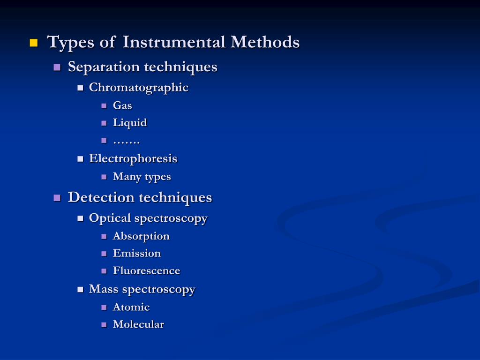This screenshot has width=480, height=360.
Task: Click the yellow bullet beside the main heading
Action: point(33,43)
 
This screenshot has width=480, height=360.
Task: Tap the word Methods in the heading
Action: point(265,42)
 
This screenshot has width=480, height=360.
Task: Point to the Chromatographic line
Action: point(139,88)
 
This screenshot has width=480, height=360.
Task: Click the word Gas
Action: point(122,105)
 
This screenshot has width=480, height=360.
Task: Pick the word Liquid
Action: point(130,123)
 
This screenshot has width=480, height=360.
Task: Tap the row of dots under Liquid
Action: point(127,141)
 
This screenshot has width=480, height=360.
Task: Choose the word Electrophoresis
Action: point(133,158)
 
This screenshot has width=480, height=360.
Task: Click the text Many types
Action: point(142,177)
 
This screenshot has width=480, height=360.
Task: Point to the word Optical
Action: point(110,218)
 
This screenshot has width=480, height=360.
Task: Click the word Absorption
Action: point(141,236)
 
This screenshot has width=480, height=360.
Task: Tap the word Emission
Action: point(137,253)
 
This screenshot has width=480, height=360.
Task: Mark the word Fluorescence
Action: point(146,270)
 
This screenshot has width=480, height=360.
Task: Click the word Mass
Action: point(104,289)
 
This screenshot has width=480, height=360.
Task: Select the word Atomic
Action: point(131,307)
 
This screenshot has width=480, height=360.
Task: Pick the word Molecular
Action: point(138,324)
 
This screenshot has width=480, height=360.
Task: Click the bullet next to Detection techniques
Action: point(57,198)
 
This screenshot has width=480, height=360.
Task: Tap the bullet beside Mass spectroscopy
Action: point(80,290)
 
